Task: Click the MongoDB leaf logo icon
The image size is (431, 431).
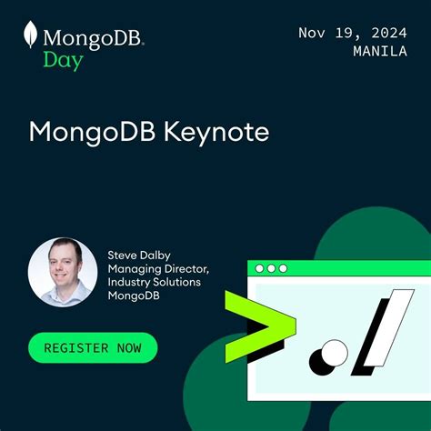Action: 31,37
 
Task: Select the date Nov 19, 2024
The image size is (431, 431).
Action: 352,33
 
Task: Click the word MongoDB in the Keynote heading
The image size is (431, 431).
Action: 92,131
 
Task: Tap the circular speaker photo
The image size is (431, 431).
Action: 63,272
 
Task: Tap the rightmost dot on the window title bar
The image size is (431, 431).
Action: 283,268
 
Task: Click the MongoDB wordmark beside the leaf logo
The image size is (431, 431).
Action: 94,39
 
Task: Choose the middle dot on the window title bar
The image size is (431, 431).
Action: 271,268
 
